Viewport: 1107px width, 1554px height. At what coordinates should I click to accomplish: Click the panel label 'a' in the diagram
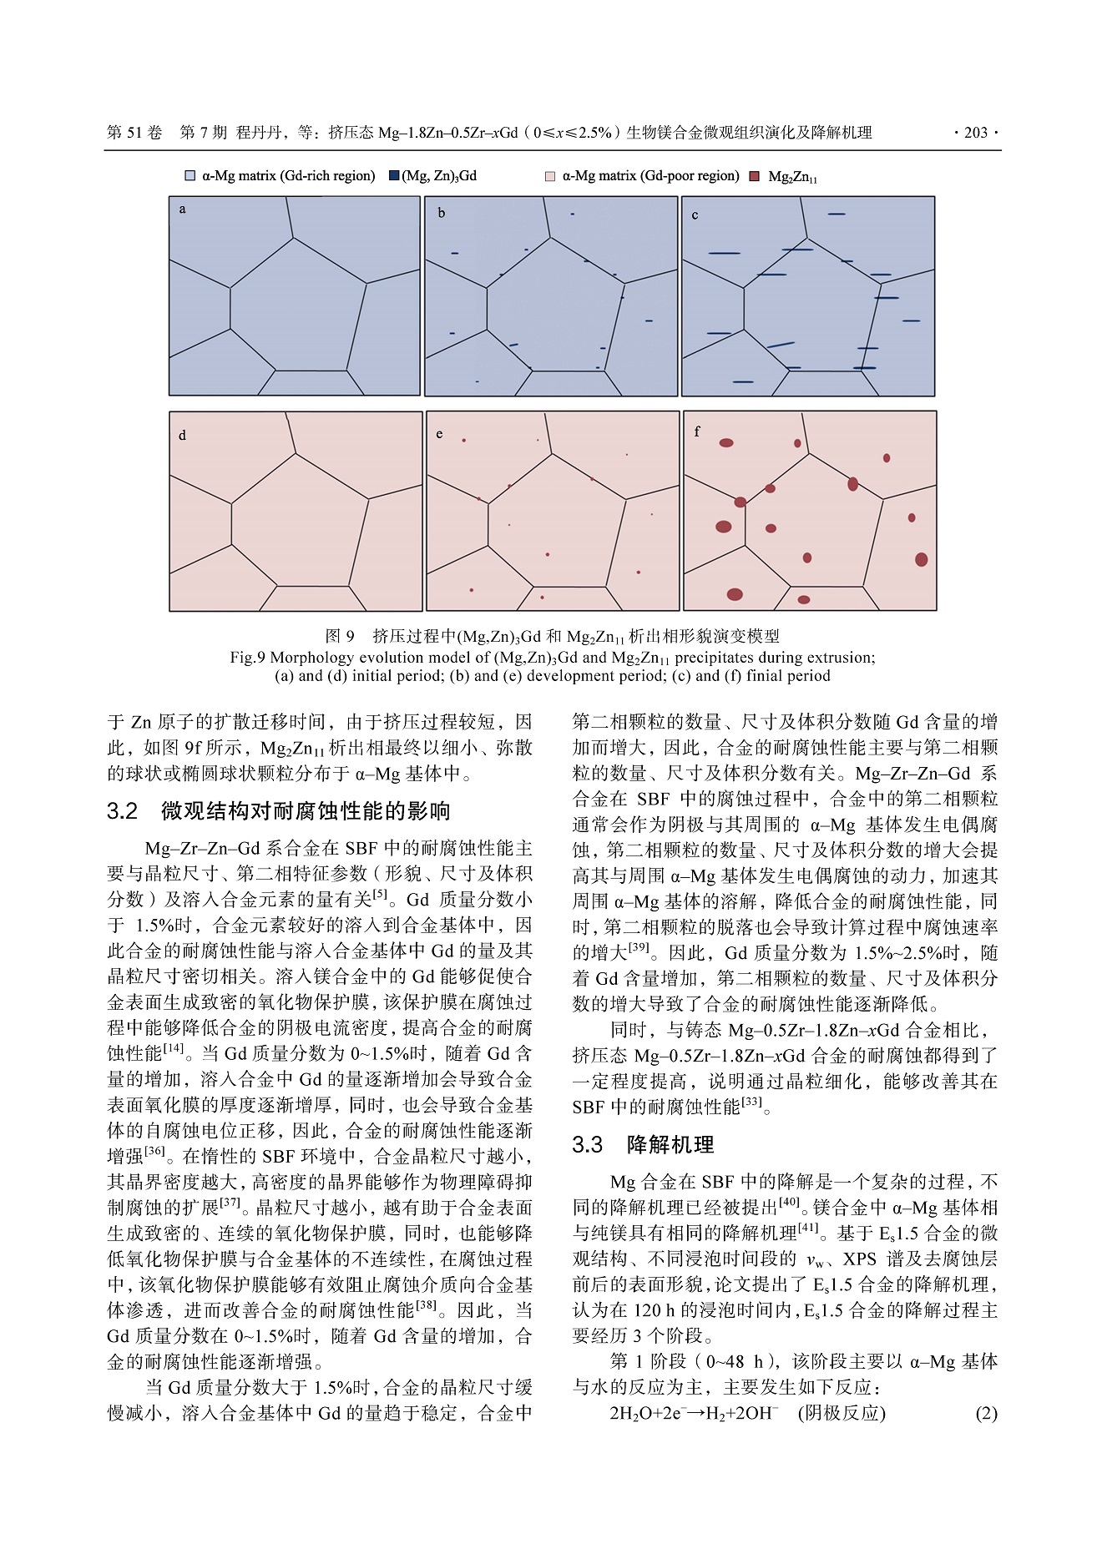tap(182, 209)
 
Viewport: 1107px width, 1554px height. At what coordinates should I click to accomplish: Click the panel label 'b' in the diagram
tap(442, 213)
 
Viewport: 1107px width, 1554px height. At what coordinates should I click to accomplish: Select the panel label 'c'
tap(695, 215)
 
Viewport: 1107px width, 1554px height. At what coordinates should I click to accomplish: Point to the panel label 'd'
tap(182, 436)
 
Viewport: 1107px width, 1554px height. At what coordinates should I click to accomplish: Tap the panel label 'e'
tap(439, 434)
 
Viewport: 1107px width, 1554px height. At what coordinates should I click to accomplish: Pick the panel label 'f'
tap(697, 431)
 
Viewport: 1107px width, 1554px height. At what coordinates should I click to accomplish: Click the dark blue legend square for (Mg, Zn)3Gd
tap(394, 176)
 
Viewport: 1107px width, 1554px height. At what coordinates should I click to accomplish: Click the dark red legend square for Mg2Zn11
tap(754, 177)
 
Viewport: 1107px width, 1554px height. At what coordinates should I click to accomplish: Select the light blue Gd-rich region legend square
tap(190, 176)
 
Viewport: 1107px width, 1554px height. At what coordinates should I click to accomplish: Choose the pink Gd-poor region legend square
tap(550, 177)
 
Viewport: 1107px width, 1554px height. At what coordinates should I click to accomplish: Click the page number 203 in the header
tap(975, 133)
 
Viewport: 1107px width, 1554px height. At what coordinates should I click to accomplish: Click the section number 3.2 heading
tap(122, 811)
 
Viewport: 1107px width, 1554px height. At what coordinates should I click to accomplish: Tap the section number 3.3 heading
tap(587, 1145)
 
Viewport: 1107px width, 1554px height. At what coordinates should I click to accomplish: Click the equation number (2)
tap(986, 1413)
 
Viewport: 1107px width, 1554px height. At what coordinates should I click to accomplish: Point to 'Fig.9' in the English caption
tap(247, 658)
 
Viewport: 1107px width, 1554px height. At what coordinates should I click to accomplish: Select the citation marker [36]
tap(154, 1151)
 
